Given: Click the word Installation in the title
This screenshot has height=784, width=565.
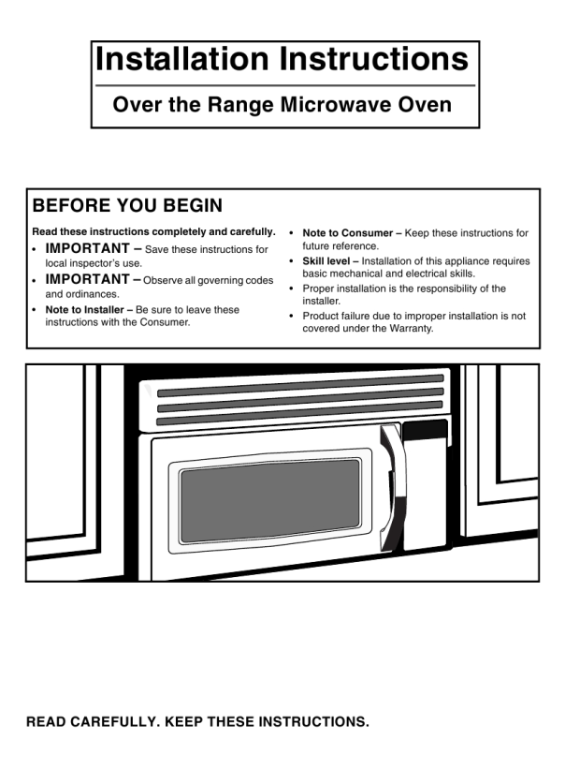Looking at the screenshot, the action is click(x=182, y=59).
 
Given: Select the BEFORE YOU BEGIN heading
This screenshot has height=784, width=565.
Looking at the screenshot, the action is click(x=127, y=205).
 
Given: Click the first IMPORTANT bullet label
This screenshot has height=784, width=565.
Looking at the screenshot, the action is click(x=87, y=248).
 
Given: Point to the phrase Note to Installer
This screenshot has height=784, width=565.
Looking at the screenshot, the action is click(x=84, y=309).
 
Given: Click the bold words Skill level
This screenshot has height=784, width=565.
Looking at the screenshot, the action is click(x=326, y=261).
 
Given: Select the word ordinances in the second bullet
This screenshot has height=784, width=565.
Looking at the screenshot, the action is click(x=93, y=294).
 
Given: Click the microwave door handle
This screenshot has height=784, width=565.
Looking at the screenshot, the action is click(x=393, y=487).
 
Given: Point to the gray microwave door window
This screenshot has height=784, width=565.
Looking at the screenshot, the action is click(x=269, y=500).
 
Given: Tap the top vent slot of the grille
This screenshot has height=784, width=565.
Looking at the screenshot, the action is click(x=300, y=386).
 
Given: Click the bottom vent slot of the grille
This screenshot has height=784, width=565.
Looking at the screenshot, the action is click(x=299, y=413).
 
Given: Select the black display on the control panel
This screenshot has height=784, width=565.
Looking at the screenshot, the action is click(x=425, y=431).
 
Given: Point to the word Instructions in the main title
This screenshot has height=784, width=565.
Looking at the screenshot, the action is click(x=374, y=59).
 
